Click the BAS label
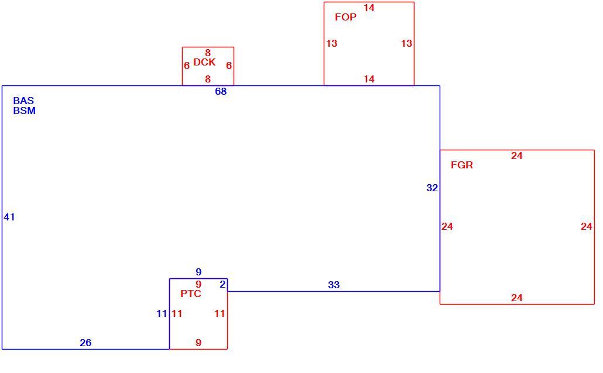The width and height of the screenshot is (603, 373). (x=23, y=101)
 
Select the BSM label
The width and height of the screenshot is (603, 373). (x=24, y=110)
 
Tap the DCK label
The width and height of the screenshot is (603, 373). (x=204, y=62)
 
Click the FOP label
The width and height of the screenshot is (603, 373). (x=345, y=17)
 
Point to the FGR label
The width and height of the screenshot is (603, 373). (x=461, y=165)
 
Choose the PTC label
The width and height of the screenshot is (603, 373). (x=191, y=294)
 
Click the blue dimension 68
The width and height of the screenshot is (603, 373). (x=221, y=91)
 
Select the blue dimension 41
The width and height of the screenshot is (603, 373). (x=9, y=217)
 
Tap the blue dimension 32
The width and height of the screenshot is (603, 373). (x=432, y=188)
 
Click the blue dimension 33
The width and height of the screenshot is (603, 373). (x=334, y=285)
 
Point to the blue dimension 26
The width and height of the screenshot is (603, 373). (x=85, y=343)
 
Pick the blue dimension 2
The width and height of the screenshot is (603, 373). (x=222, y=285)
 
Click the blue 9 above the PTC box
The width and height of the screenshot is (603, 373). (x=198, y=272)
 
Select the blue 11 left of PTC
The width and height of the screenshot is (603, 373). (x=162, y=314)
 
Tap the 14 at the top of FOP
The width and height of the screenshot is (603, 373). (x=369, y=8)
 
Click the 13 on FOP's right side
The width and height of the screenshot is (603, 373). (x=406, y=44)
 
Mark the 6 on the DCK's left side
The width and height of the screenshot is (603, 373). (x=187, y=65)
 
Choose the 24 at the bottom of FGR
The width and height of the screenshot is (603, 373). (x=516, y=298)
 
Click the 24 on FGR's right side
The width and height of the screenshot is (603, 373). (x=586, y=227)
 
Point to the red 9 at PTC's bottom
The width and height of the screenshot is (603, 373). (x=198, y=343)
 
